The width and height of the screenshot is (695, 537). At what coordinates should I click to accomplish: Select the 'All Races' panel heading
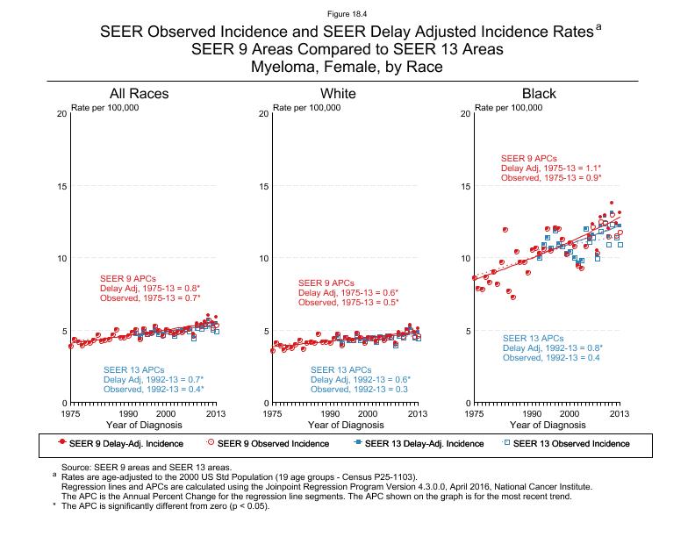click(139, 94)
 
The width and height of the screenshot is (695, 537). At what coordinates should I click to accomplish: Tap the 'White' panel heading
click(338, 94)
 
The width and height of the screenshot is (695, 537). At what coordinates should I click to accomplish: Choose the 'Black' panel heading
click(539, 94)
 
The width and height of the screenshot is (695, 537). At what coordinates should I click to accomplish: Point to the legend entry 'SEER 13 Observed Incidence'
click(570, 444)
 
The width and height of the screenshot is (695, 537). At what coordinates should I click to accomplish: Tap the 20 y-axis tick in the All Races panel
click(62, 115)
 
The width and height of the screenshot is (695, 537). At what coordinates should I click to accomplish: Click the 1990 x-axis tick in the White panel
click(330, 412)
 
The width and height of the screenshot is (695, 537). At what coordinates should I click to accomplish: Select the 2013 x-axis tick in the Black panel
click(620, 412)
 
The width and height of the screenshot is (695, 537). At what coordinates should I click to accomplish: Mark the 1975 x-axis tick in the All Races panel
click(70, 412)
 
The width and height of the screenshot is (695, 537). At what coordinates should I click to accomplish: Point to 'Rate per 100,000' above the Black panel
click(509, 107)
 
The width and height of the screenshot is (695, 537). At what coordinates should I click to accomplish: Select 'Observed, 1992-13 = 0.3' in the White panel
click(354, 390)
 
